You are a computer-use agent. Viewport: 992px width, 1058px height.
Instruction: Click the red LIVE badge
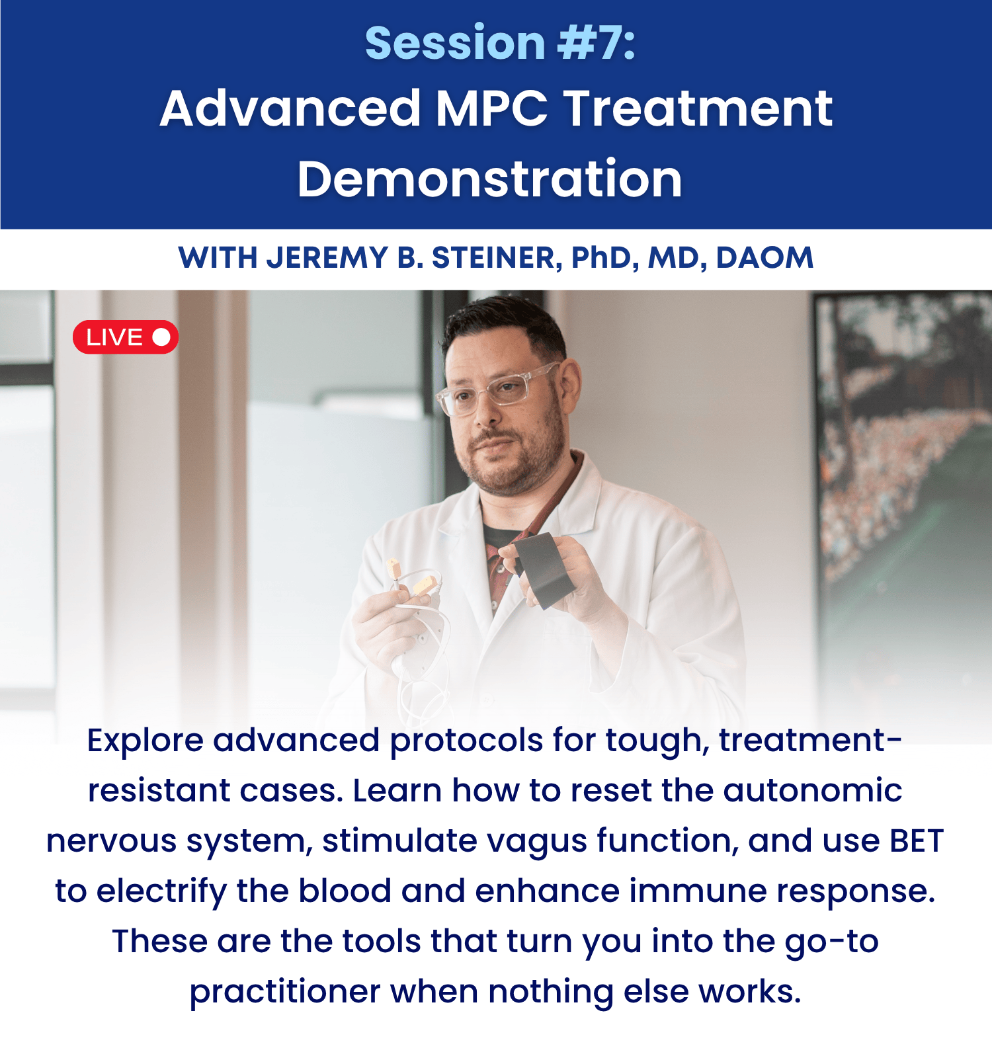click(x=126, y=337)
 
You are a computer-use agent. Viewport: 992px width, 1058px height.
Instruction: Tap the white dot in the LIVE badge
click(x=161, y=337)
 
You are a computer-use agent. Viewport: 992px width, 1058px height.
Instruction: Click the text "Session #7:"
click(x=500, y=43)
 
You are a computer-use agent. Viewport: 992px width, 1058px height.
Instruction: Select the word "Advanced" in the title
click(x=290, y=108)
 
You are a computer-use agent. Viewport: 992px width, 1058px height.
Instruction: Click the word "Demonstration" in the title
click(x=489, y=179)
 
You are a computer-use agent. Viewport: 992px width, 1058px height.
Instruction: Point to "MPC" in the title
click(x=491, y=108)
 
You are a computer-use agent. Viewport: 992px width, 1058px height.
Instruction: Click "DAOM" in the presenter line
click(x=765, y=258)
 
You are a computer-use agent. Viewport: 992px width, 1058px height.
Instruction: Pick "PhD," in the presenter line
click(x=605, y=258)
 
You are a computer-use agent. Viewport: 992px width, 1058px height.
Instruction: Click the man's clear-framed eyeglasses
click(x=497, y=391)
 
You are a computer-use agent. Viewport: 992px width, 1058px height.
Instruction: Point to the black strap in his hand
click(x=544, y=567)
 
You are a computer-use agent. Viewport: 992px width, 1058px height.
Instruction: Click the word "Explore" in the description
click(x=145, y=741)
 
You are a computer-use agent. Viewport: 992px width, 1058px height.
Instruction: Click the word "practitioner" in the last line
click(x=285, y=992)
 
